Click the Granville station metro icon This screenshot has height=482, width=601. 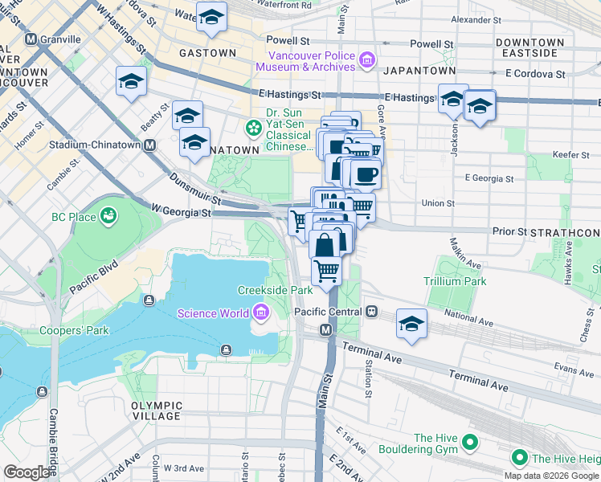click(x=31, y=39)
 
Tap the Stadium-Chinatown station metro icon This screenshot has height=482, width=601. click(x=149, y=145)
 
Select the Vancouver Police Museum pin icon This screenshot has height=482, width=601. click(x=366, y=59)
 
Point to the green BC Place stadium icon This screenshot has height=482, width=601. click(x=107, y=217)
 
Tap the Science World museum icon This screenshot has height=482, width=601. click(x=260, y=312)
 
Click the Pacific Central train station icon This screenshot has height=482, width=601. click(x=371, y=311)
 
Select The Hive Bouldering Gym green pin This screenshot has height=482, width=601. click(x=470, y=443)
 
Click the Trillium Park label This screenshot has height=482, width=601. click(x=456, y=281)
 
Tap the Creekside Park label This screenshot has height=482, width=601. click(x=275, y=290)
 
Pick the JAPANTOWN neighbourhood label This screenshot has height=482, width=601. click(x=415, y=71)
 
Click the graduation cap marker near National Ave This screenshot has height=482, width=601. click(x=412, y=323)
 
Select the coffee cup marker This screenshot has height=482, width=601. click(x=366, y=174)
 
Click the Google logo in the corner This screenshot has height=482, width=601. click(x=27, y=472)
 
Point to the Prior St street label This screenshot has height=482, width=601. click(x=509, y=231)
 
